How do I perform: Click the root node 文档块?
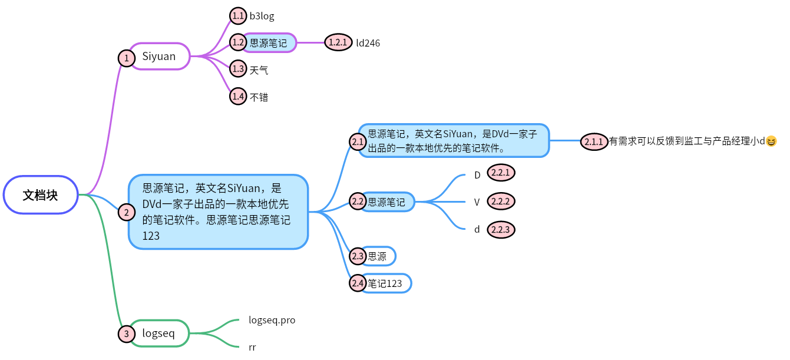41,195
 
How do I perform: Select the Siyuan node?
159,57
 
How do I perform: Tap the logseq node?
159,333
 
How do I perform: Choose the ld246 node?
368,43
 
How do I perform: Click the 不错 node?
259,98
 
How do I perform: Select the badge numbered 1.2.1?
338,42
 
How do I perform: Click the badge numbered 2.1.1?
593,141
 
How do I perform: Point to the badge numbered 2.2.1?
501,173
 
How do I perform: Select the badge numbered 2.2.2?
501,201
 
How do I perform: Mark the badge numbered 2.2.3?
501,229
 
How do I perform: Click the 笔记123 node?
385,283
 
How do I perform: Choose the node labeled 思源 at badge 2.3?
378,256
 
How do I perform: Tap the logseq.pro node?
272,321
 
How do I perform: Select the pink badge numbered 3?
126,334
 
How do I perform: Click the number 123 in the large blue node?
151,236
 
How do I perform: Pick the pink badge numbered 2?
126,212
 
